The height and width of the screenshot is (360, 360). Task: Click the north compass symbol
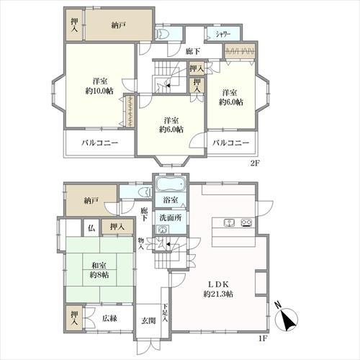point(286,318)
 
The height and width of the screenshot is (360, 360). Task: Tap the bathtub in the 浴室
point(171,184)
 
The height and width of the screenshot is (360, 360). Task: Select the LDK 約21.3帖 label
point(218,289)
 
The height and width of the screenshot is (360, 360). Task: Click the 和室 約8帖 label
point(99,270)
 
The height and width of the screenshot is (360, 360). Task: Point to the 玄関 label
point(148,320)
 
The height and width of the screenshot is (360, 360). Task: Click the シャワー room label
point(223,35)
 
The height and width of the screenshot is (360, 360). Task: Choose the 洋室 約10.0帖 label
point(99,86)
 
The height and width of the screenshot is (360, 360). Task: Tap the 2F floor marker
point(255,163)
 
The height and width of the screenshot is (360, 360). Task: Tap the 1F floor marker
point(263,338)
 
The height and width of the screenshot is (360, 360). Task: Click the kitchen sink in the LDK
point(229,223)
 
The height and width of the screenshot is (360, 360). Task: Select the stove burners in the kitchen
point(246,223)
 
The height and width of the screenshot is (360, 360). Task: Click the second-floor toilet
point(162,34)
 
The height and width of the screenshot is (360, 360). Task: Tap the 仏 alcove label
point(91,228)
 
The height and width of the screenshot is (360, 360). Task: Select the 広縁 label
point(109,318)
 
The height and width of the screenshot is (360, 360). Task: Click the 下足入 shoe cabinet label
point(166,313)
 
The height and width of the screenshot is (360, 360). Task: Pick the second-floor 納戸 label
point(119,25)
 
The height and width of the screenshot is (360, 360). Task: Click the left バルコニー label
point(100,143)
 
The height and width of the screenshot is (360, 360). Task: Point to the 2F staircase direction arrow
point(168,85)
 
